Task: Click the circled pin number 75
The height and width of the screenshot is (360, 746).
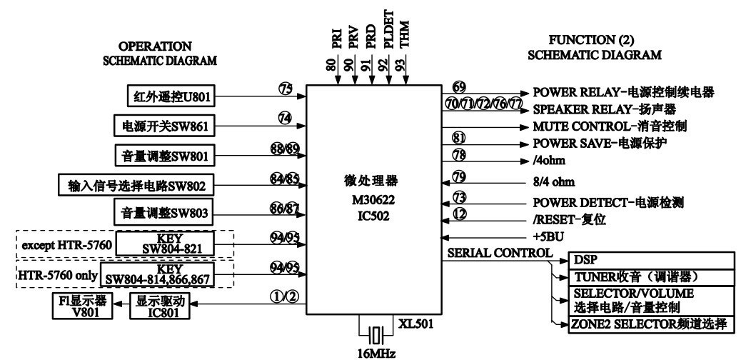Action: [x=286, y=89]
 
